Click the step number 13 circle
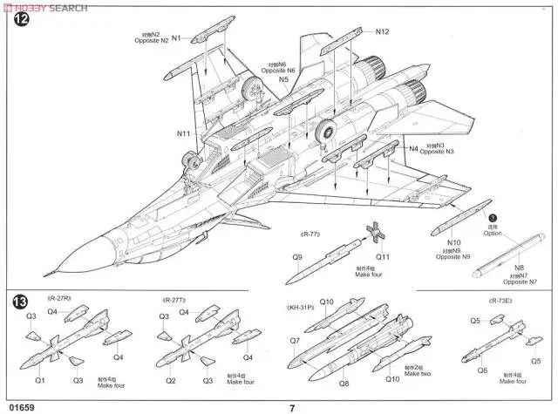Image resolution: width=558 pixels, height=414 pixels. tap(19, 302)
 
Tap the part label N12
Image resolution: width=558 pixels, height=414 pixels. tap(383, 32)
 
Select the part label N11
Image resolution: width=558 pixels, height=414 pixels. tap(183, 133)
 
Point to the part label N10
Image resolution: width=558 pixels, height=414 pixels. tap(453, 242)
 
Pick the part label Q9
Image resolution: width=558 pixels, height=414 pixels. tap(297, 257)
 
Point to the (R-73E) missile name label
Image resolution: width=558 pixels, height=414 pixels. tap(499, 300)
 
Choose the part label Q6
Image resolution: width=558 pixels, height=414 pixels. tap(481, 370)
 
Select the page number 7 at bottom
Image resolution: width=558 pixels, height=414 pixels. tap(292, 406)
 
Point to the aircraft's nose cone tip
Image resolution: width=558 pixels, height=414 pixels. tap(54, 266)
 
